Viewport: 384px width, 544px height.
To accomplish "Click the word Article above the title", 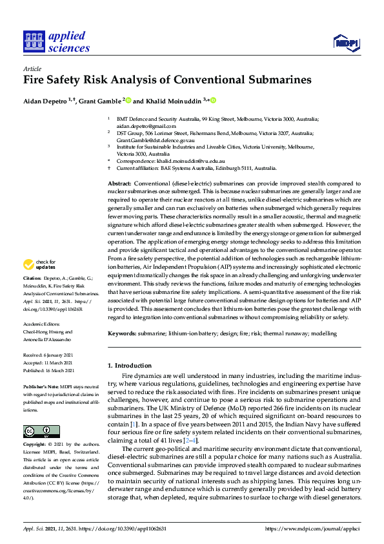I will (x=32, y=68).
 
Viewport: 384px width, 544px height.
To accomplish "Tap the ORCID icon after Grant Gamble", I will (x=128, y=100).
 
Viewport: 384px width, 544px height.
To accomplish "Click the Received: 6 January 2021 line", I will (x=48, y=355).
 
